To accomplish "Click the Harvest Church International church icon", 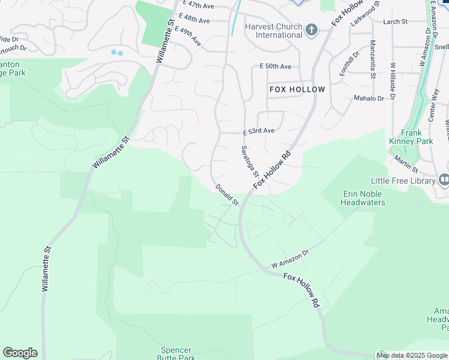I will click(311, 30).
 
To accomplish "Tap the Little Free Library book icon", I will click(444, 180).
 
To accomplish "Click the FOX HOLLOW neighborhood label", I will click(297, 89).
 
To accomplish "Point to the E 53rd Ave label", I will click(259, 130).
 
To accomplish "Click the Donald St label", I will click(228, 195).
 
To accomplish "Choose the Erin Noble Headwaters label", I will click(363, 198).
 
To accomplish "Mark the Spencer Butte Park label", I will click(176, 353).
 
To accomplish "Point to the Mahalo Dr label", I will click(369, 98).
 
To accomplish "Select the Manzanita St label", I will click(373, 59).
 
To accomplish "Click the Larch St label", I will click(395, 22).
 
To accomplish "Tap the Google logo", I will click(20, 353).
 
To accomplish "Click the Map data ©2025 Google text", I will click(412, 355).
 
